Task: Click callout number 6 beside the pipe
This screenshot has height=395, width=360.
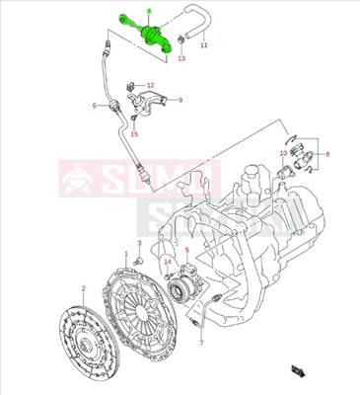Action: (x=95, y=105)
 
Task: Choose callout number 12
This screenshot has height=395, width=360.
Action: (x=151, y=85)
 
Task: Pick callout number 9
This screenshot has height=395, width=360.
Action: (x=180, y=99)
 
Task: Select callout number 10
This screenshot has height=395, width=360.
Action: (x=283, y=153)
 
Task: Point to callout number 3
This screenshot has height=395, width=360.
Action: (x=139, y=243)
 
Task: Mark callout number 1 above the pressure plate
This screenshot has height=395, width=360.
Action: (x=125, y=254)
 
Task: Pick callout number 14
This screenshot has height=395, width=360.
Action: (x=168, y=261)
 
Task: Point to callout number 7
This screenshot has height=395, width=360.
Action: (x=200, y=343)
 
